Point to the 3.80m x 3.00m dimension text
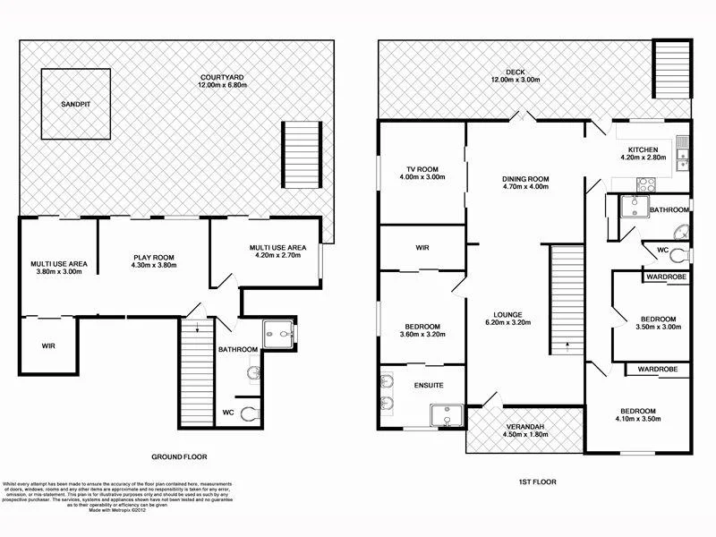(x=58, y=271)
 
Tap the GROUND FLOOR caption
(x=181, y=456)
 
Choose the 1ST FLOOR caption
(x=538, y=482)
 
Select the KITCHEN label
(x=643, y=149)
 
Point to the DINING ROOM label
(x=525, y=179)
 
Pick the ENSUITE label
(x=428, y=386)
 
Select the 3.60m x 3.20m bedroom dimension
(x=420, y=335)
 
